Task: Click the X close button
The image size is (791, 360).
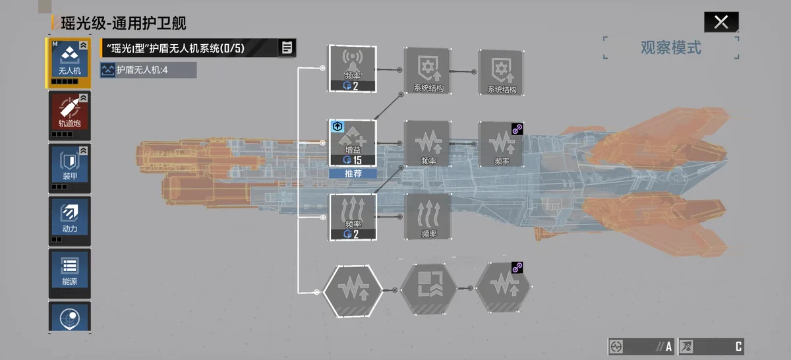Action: pyautogui.click(x=721, y=22)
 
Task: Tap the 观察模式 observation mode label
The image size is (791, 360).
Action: pyautogui.click(x=671, y=47)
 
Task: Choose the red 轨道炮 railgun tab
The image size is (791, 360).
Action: pyautogui.click(x=70, y=115)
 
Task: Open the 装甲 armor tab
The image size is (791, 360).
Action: pyautogui.click(x=70, y=168)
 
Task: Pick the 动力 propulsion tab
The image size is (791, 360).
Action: pyautogui.click(x=70, y=221)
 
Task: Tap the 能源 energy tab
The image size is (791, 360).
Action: pyautogui.click(x=70, y=274)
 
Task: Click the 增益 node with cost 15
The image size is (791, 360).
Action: pyautogui.click(x=353, y=143)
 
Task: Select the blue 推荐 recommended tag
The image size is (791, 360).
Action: pyautogui.click(x=353, y=173)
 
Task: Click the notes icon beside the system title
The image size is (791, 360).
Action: pyautogui.click(x=287, y=47)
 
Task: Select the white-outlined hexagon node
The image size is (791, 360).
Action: pyautogui.click(x=353, y=290)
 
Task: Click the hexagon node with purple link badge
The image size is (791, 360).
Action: pyautogui.click(x=503, y=287)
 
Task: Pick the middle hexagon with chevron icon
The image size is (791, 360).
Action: pyautogui.click(x=428, y=289)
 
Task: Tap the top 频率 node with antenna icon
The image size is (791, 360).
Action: pyautogui.click(x=353, y=69)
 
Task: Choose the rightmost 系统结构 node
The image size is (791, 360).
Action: pyautogui.click(x=501, y=73)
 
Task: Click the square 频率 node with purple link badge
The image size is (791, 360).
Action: pyautogui.click(x=501, y=144)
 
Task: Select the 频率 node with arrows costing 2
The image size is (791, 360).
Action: pyautogui.click(x=353, y=218)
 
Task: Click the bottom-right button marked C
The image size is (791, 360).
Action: pyautogui.click(x=711, y=347)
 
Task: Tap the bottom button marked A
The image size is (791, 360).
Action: pyautogui.click(x=641, y=347)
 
